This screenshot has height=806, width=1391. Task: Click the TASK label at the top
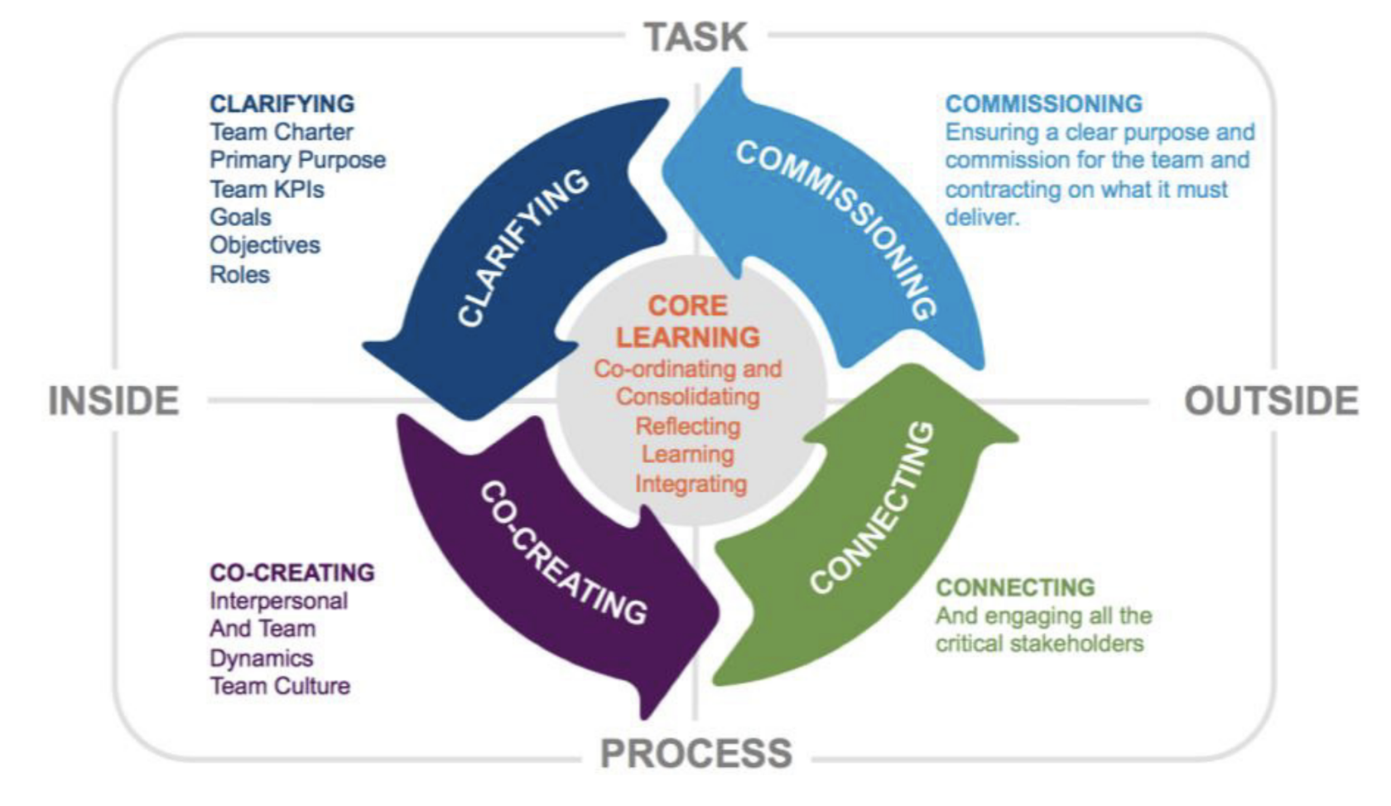pos(695,37)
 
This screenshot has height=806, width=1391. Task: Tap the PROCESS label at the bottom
pos(695,754)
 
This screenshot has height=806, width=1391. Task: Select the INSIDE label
pos(113,401)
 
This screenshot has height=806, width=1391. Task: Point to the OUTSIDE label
pos(1271,401)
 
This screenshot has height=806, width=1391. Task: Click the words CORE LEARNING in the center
pos(687,321)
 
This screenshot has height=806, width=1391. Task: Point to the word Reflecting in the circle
pos(687,426)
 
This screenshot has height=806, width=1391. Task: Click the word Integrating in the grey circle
pos(691,483)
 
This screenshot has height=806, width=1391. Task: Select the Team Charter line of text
pos(282,132)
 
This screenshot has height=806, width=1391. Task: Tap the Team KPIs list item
pos(267,189)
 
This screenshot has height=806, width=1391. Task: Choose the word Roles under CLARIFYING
pos(239,274)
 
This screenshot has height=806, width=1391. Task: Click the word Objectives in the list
pos(265,245)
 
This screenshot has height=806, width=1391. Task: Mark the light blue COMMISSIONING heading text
pos(1043,104)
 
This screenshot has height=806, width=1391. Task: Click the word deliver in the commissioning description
pos(981,217)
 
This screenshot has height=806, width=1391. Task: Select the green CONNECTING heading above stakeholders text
pos(1015,587)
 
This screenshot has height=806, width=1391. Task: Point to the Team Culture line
pos(280,686)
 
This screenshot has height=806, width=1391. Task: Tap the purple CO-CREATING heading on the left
pos(291,572)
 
